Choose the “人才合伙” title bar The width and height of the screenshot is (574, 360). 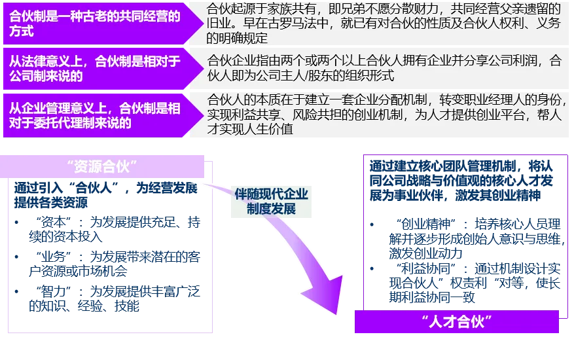[456, 322]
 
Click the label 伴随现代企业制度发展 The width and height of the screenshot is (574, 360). [271, 202]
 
